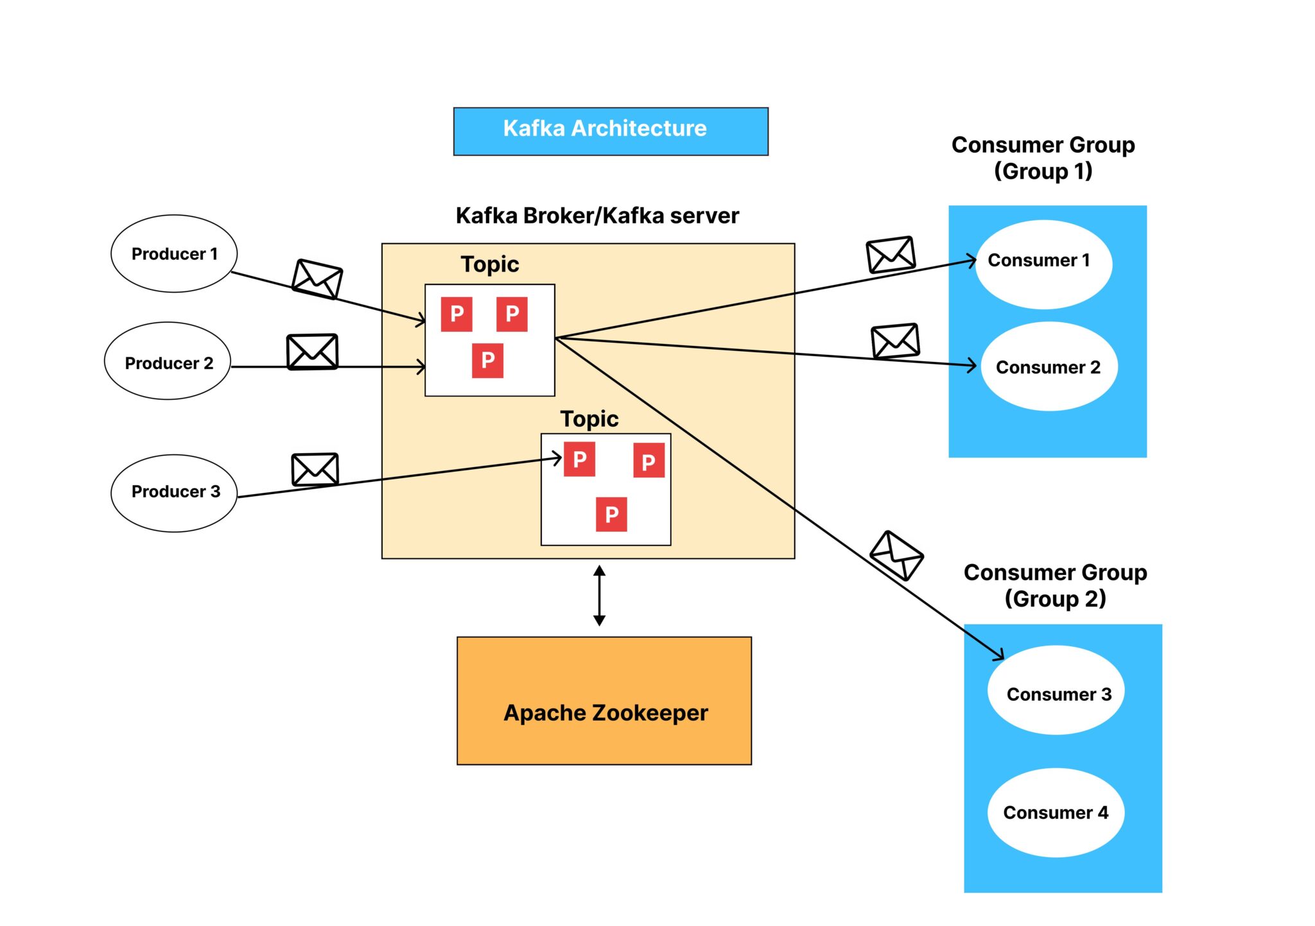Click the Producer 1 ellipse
coord(173,253)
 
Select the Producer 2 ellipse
coord(168,361)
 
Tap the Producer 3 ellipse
coord(174,493)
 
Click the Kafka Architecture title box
coord(610,131)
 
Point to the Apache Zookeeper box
coord(604,700)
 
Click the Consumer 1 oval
coord(1043,264)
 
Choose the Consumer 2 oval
coord(1049,366)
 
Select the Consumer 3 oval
coord(1056,690)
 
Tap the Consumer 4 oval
coord(1056,812)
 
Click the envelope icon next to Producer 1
coord(317,279)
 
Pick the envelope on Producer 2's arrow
coord(312,352)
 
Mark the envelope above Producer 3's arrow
coord(315,469)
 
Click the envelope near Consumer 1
coord(891,254)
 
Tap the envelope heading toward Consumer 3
coord(896,555)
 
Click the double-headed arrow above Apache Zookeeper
coord(599,596)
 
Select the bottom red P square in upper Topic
coord(487,361)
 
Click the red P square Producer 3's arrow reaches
coord(579,459)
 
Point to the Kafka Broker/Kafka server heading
coord(597,216)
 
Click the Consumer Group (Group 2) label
coord(1055,585)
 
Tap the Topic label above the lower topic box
coord(589,419)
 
